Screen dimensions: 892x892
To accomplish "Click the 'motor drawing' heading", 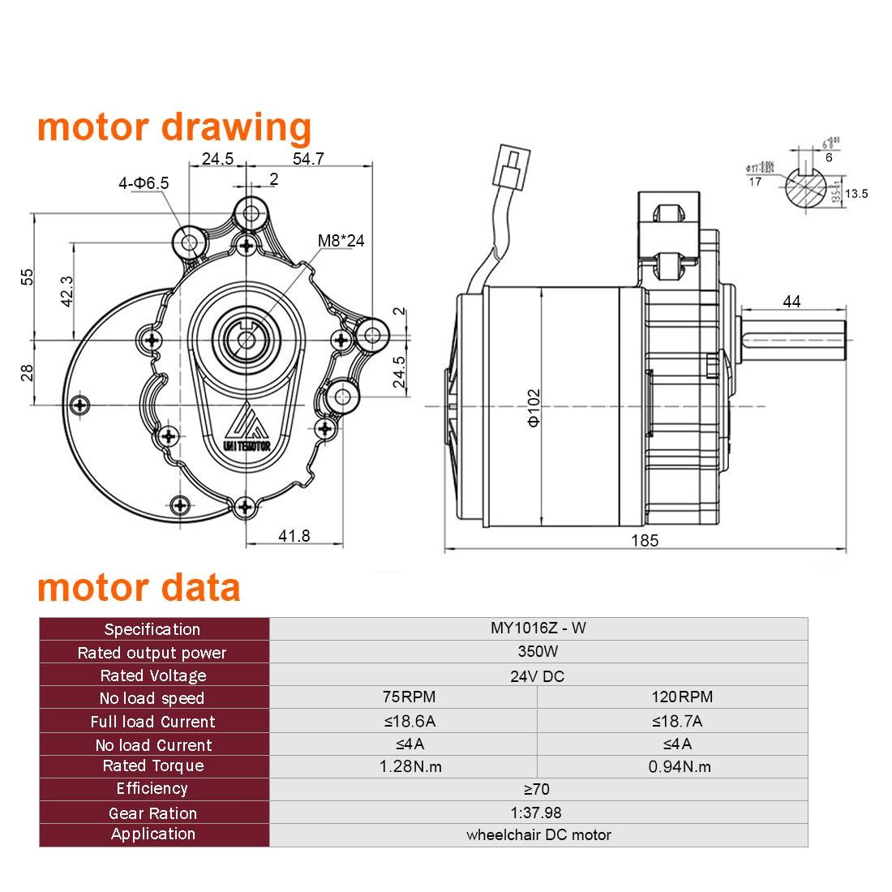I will [x=174, y=128].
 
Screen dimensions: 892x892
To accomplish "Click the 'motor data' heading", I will [x=139, y=587].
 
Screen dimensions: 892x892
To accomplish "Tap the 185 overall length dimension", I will [x=645, y=540].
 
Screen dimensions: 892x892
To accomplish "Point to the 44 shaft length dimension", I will [x=791, y=301].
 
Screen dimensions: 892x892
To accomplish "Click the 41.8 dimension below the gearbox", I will [x=294, y=535].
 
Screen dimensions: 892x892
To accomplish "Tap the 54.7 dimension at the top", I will [x=308, y=159].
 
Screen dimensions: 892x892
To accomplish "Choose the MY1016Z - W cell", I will [x=538, y=628].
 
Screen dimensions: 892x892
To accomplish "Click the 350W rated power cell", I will [x=538, y=652].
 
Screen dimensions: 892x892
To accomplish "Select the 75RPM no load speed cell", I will [x=403, y=697].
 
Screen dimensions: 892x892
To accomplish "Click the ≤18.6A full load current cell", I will [x=403, y=721].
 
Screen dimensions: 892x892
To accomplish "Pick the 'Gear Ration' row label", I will [x=153, y=813].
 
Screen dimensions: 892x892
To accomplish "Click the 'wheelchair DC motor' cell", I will [x=538, y=834].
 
